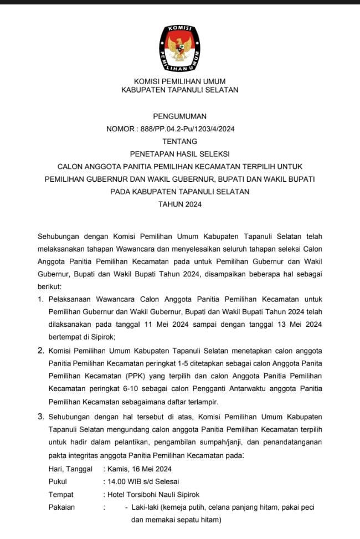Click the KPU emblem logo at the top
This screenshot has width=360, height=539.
180,45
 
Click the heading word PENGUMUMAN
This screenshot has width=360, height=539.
179,116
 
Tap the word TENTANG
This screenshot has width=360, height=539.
179,141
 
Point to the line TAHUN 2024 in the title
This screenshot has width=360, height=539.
179,204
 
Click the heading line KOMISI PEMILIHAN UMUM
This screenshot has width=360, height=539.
179,81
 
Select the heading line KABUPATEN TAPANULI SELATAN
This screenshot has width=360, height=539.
179,90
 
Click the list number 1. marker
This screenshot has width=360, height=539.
40,300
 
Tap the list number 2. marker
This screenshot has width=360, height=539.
40,351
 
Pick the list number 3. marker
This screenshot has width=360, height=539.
40,415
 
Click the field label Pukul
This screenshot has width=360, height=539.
58,481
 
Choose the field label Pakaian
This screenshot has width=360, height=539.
61,507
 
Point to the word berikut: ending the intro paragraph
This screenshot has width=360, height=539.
50,288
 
